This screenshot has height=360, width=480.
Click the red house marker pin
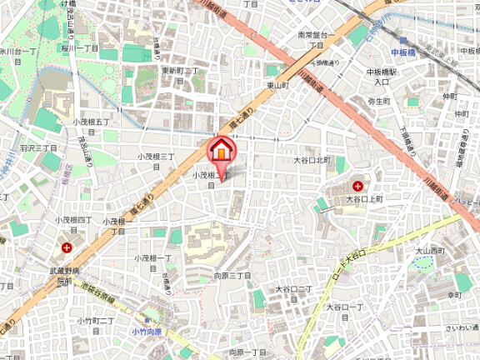(221, 150)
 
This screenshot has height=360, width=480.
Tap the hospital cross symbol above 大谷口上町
(357, 186)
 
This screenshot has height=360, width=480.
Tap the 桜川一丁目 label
(79, 48)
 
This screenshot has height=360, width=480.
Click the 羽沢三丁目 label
(39, 147)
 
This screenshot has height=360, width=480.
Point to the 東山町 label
(277, 85)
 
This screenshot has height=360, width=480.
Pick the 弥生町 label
(379, 101)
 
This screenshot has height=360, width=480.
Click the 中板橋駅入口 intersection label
(382, 77)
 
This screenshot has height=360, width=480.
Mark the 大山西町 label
(432, 249)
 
